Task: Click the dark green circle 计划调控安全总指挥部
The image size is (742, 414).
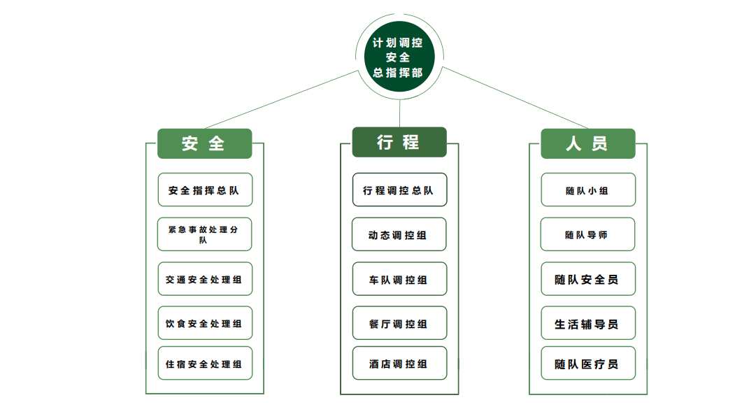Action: pyautogui.click(x=398, y=57)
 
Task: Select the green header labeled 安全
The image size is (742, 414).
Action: pyautogui.click(x=204, y=143)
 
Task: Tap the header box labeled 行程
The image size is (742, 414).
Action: pyautogui.click(x=399, y=142)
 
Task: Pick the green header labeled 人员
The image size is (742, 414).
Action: pyautogui.click(x=587, y=143)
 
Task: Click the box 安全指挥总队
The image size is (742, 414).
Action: pyautogui.click(x=205, y=190)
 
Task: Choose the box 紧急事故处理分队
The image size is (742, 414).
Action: pyautogui.click(x=205, y=234)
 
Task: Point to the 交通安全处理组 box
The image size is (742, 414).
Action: pyautogui.click(x=205, y=279)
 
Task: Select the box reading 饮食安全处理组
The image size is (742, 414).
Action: pyautogui.click(x=205, y=323)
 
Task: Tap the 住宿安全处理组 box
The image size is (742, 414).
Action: pyautogui.click(x=205, y=364)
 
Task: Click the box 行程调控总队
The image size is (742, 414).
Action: pyautogui.click(x=399, y=190)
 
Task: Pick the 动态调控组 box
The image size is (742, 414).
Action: pyautogui.click(x=399, y=234)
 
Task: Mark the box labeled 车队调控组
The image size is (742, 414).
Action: pyautogui.click(x=399, y=279)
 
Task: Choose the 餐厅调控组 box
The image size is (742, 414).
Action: pyautogui.click(x=399, y=323)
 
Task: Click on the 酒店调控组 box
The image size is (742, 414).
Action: pyautogui.click(x=399, y=364)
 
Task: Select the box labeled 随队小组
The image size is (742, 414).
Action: pyautogui.click(x=588, y=190)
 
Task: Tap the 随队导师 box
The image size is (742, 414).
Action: pyautogui.click(x=588, y=234)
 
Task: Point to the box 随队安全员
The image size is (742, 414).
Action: pyautogui.click(x=588, y=279)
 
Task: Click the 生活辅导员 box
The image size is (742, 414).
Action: pyautogui.click(x=588, y=323)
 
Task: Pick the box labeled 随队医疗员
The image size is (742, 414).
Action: pyautogui.click(x=588, y=364)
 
